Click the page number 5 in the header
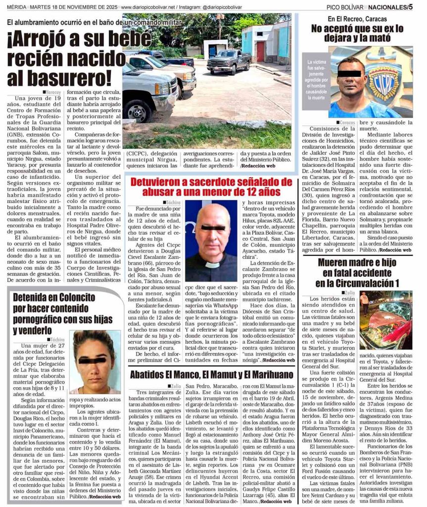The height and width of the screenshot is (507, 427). coord(410,7)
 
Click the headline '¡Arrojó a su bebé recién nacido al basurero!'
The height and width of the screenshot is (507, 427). coord(62,58)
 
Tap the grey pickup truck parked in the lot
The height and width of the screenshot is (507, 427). coord(229,60)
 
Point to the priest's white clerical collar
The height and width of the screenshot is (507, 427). coord(212,264)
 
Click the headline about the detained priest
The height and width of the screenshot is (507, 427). coord(205,187)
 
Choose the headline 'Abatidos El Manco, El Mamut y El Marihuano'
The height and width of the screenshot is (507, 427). coord(212,374)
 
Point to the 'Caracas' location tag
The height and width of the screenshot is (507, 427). coord(347,122)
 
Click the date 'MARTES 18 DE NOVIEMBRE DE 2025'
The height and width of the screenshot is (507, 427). coord(76,7)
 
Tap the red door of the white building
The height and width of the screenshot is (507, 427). coord(260,51)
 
